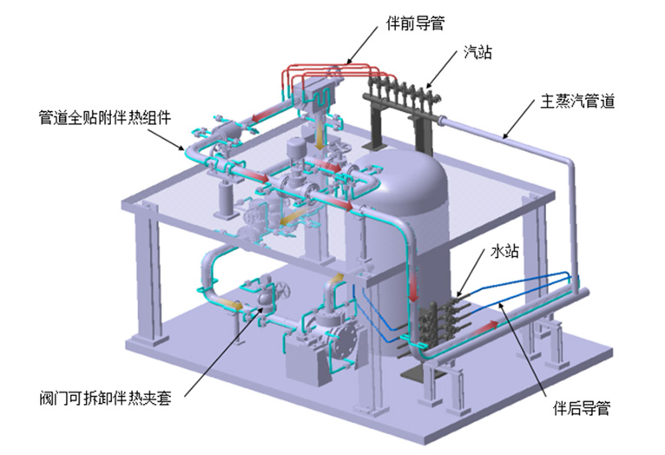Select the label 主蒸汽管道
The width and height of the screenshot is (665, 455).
tap(577, 102)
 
